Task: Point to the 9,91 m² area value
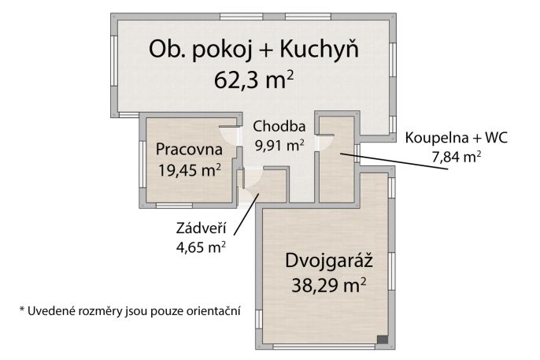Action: click(x=279, y=145)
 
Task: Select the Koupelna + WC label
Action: click(x=457, y=138)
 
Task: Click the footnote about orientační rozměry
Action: click(x=129, y=310)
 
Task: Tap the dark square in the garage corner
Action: click(x=382, y=340)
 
